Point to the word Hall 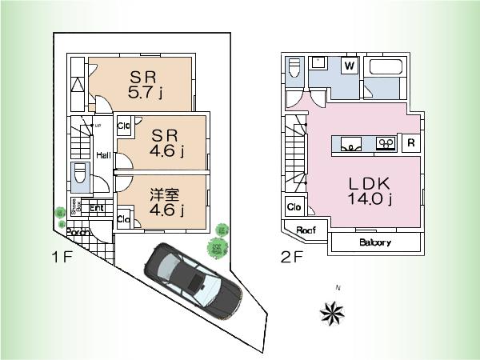pos(104,155)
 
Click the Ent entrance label pos(97,209)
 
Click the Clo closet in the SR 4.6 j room pos(125,125)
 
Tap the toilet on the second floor pos(294,69)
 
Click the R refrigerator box pos(410,144)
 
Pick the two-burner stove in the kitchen pos(386,143)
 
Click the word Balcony pos(374,242)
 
